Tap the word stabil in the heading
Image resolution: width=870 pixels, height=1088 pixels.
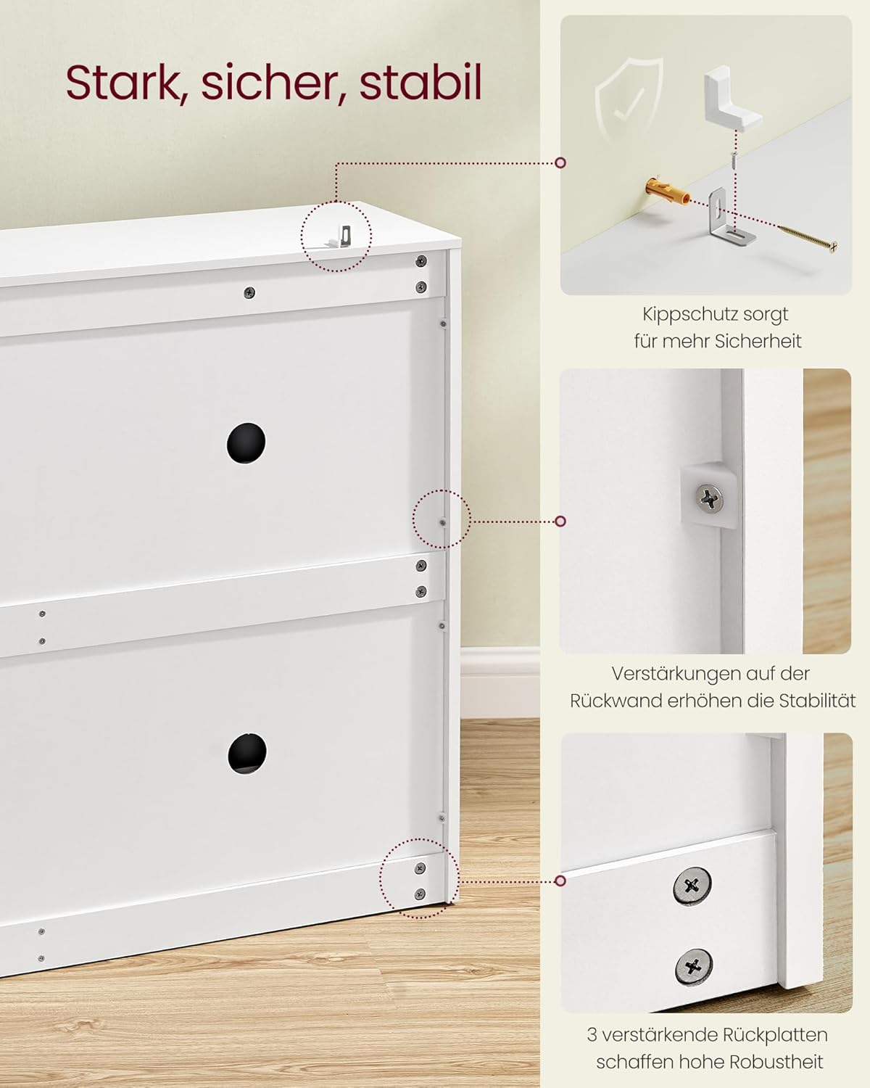click(420, 83)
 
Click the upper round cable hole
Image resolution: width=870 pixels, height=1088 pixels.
click(246, 442)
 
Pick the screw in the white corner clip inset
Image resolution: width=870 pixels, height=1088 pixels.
click(708, 498)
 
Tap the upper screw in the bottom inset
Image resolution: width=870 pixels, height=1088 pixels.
click(692, 885)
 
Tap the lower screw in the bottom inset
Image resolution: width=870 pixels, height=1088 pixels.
click(693, 965)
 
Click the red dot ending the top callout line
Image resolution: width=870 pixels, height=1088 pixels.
click(560, 162)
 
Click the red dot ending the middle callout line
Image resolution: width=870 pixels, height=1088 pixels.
click(560, 521)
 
